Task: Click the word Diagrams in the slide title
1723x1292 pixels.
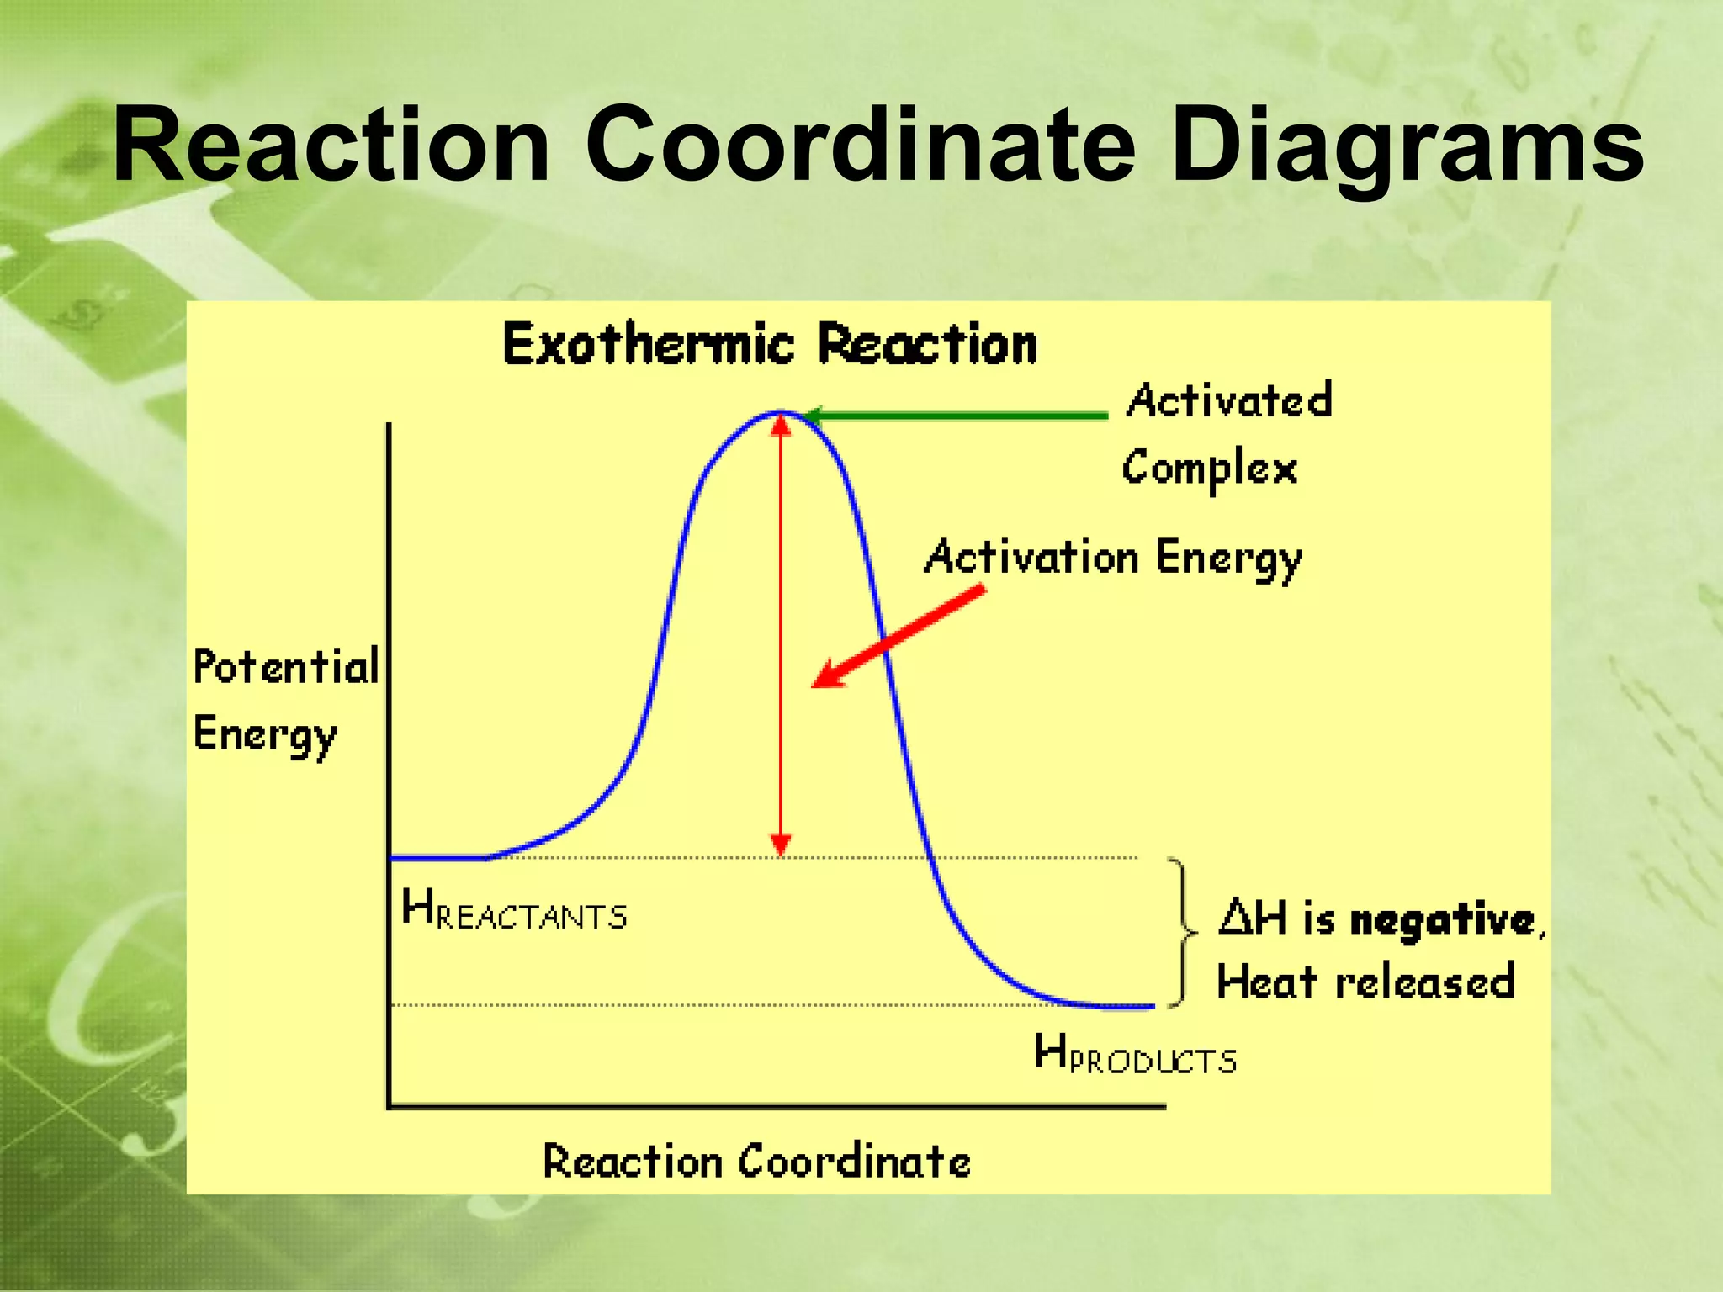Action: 1405,145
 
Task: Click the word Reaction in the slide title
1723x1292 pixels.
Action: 330,145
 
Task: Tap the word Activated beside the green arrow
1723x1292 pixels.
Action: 1230,401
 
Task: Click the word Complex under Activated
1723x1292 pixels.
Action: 1210,469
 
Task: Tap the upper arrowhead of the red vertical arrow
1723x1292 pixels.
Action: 781,426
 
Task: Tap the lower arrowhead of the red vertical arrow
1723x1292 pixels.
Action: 781,844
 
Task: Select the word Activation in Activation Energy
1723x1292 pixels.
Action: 1031,558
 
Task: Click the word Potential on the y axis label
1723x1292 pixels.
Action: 286,667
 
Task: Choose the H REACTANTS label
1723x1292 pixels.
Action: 514,912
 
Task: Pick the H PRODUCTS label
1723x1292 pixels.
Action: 1135,1055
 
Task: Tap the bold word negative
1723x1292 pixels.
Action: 1442,919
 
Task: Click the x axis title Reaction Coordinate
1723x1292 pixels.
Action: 756,1162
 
